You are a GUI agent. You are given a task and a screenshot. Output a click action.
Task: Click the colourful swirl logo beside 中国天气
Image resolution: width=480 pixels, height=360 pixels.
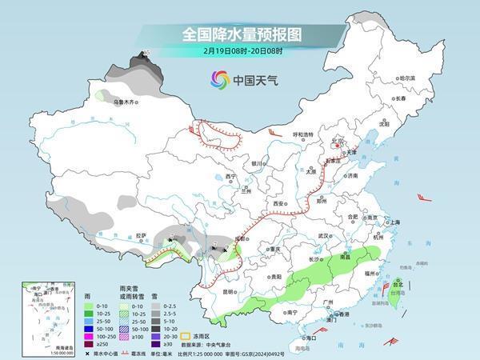tap(218, 79)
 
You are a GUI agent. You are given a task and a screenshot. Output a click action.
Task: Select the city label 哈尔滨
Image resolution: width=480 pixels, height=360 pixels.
tap(407, 78)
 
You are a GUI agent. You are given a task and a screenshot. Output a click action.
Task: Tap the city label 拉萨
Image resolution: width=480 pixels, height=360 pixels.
tap(142, 235)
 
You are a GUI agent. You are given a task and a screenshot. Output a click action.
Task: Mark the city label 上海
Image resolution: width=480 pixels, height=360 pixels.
tap(391, 222)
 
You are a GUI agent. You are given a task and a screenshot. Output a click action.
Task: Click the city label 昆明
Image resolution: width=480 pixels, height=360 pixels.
tap(230, 291)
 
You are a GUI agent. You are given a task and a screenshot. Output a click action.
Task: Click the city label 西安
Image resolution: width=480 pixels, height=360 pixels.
tap(279, 204)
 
